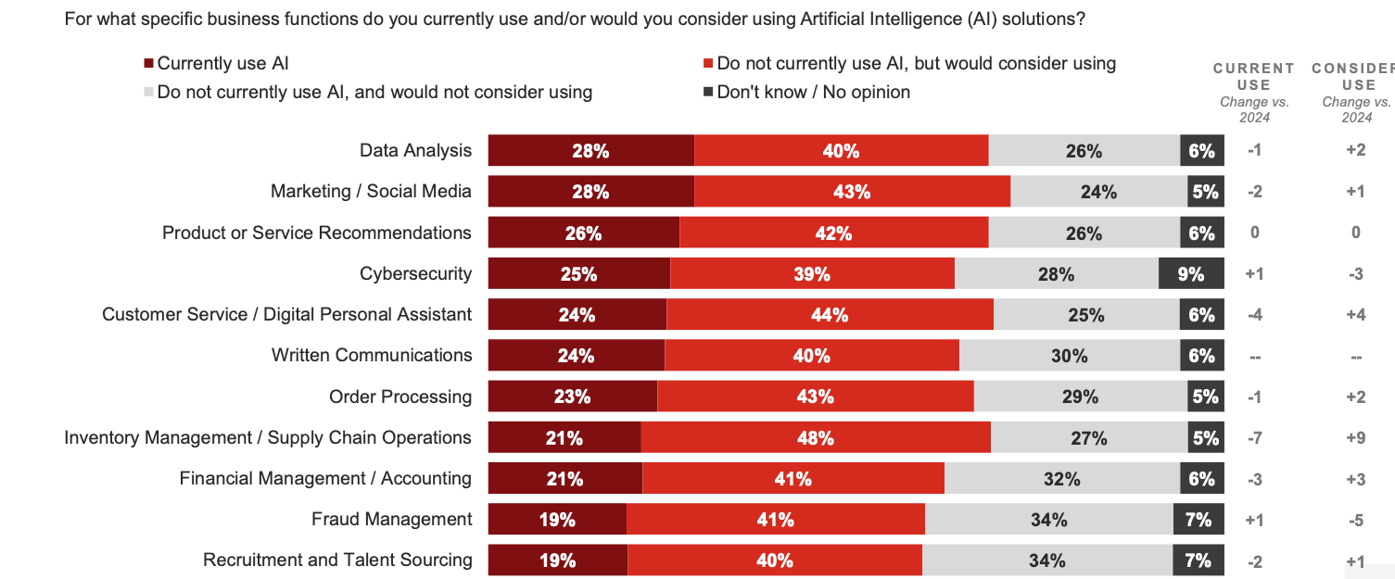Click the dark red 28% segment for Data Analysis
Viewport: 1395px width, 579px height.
tap(590, 151)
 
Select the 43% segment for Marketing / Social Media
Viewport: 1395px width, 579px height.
tap(852, 192)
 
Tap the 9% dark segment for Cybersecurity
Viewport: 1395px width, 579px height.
tap(1191, 274)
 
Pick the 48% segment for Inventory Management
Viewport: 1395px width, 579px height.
tap(815, 438)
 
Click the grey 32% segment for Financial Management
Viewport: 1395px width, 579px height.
tap(1061, 479)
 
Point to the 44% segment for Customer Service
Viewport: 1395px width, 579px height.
tap(830, 315)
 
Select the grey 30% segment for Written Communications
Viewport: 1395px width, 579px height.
tap(1069, 356)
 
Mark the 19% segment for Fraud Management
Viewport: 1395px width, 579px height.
tap(557, 520)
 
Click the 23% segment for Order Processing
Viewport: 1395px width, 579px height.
tap(572, 396)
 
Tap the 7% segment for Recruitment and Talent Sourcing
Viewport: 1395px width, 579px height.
tap(1198, 560)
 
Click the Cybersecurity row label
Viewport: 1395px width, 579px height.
tap(415, 273)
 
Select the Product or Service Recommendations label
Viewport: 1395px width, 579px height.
tap(316, 233)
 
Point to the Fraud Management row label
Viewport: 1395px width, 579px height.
tap(391, 519)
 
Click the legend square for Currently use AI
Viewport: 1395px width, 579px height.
tap(148, 64)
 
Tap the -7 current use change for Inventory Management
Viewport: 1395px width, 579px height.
tap(1254, 438)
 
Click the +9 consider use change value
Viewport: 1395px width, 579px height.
tap(1355, 438)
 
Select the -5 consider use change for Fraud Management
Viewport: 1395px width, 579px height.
tap(1355, 520)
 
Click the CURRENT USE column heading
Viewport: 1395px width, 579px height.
tap(1253, 76)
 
